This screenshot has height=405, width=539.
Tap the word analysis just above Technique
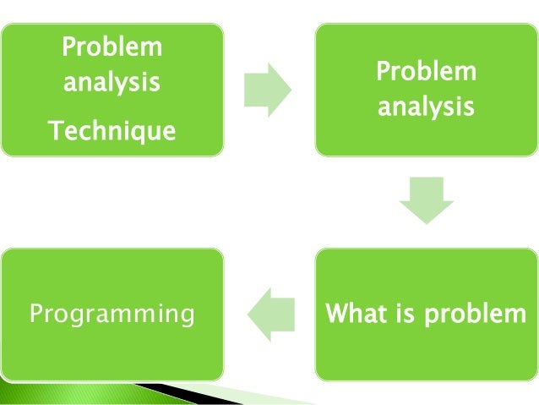112,84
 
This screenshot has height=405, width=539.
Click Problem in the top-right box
426,72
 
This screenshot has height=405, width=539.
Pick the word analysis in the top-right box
426,108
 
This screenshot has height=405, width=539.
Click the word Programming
112,315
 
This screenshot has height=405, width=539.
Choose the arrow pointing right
267,89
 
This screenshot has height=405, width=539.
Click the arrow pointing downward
426,200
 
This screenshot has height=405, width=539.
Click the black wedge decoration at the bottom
194,391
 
